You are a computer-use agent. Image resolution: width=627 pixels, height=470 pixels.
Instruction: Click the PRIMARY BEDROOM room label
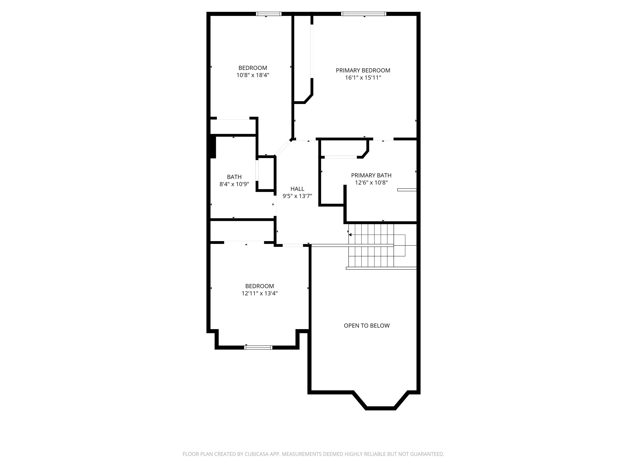pos(363,70)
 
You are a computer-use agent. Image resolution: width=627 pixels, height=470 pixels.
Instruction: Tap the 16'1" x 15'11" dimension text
pos(363,78)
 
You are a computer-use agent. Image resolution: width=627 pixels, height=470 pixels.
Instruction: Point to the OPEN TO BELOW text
pos(366,326)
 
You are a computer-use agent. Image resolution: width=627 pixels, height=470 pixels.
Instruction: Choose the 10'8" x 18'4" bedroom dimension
pos(253,75)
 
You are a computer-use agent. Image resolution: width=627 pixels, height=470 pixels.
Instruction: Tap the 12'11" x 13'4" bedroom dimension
pos(259,293)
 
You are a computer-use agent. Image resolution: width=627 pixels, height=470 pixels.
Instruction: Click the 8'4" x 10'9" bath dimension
pos(234,184)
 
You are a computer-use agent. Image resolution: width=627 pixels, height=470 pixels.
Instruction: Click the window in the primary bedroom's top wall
pos(363,14)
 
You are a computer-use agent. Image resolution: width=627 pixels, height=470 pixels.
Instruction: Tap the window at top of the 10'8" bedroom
pos(268,14)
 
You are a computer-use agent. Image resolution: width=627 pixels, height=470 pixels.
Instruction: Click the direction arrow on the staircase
pos(350,235)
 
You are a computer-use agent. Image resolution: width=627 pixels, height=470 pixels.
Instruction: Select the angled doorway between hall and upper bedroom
pos(283,148)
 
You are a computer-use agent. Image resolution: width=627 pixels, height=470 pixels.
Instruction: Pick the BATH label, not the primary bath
pos(234,177)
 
